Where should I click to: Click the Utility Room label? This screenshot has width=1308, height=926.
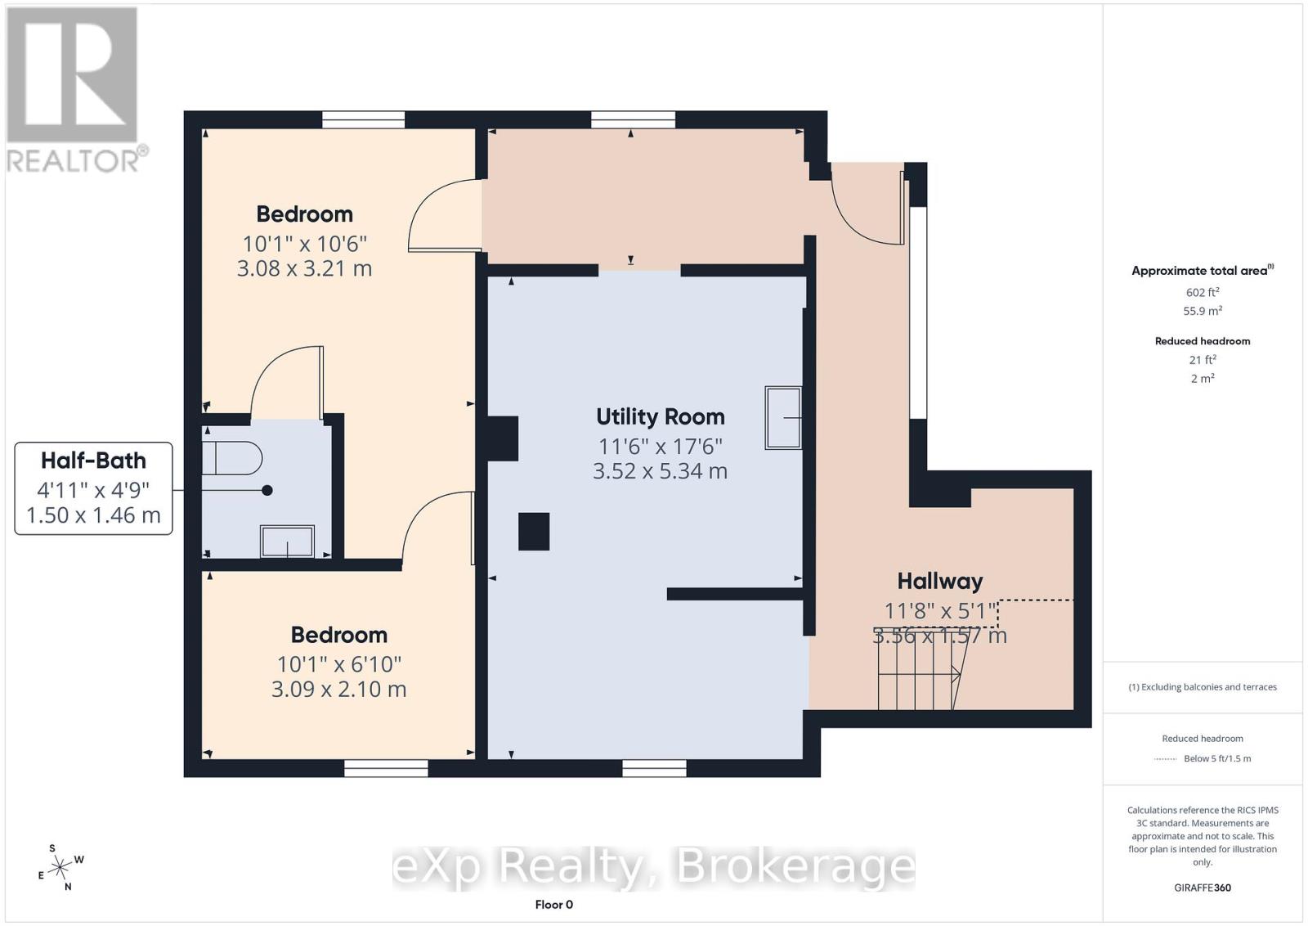click(660, 416)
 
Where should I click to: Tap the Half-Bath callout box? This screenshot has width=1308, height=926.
click(93, 488)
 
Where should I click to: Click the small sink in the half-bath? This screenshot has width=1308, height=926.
click(287, 542)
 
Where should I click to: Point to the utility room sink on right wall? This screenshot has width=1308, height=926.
click(782, 418)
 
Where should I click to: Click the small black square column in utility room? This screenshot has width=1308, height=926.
click(533, 531)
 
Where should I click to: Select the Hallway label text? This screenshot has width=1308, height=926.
click(939, 582)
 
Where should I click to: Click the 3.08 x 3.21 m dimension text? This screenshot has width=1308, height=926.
click(304, 268)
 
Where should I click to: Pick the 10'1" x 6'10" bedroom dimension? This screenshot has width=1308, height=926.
click(338, 664)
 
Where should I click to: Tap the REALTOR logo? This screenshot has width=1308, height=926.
click(75, 89)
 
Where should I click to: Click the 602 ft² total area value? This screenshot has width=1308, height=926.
click(1202, 292)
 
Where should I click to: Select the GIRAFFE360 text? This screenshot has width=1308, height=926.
click(1202, 888)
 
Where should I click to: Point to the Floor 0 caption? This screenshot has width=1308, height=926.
click(553, 905)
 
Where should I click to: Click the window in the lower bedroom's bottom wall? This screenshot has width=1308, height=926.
click(386, 768)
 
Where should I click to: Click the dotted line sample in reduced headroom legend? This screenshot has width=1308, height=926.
click(1165, 759)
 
